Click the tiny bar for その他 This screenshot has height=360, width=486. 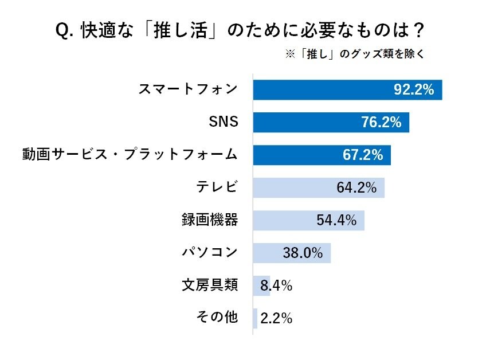pyautogui.click(x=255, y=318)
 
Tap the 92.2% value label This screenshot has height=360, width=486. pyautogui.click(x=413, y=89)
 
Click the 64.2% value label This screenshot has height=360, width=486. pyautogui.click(x=356, y=187)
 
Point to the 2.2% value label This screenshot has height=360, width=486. pyautogui.click(x=276, y=318)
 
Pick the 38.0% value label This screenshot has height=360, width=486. pyautogui.click(x=303, y=253)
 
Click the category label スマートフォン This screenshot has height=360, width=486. pyautogui.click(x=188, y=89)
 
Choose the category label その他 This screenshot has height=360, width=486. pyautogui.click(x=217, y=318)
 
